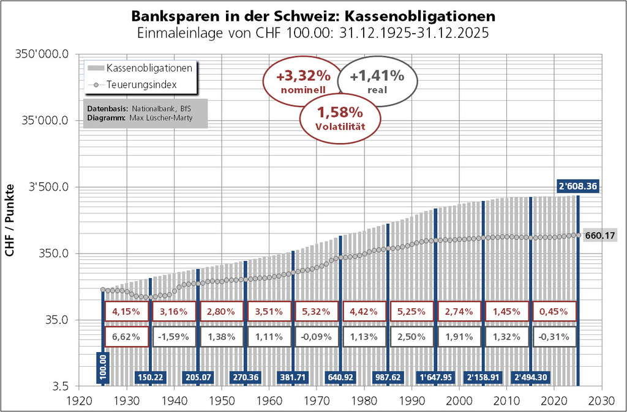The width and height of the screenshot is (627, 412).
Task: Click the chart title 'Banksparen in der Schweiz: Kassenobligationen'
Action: (313, 15)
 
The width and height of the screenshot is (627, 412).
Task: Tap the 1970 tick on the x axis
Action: (317, 398)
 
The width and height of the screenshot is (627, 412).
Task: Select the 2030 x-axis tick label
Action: (601, 398)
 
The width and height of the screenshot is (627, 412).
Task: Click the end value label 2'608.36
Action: (577, 186)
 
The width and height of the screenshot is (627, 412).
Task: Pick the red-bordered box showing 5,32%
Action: (317, 311)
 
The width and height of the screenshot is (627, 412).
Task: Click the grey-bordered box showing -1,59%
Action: (175, 336)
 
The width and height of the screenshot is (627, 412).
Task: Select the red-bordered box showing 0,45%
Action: (554, 311)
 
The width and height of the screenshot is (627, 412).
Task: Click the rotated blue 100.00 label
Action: (102, 367)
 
